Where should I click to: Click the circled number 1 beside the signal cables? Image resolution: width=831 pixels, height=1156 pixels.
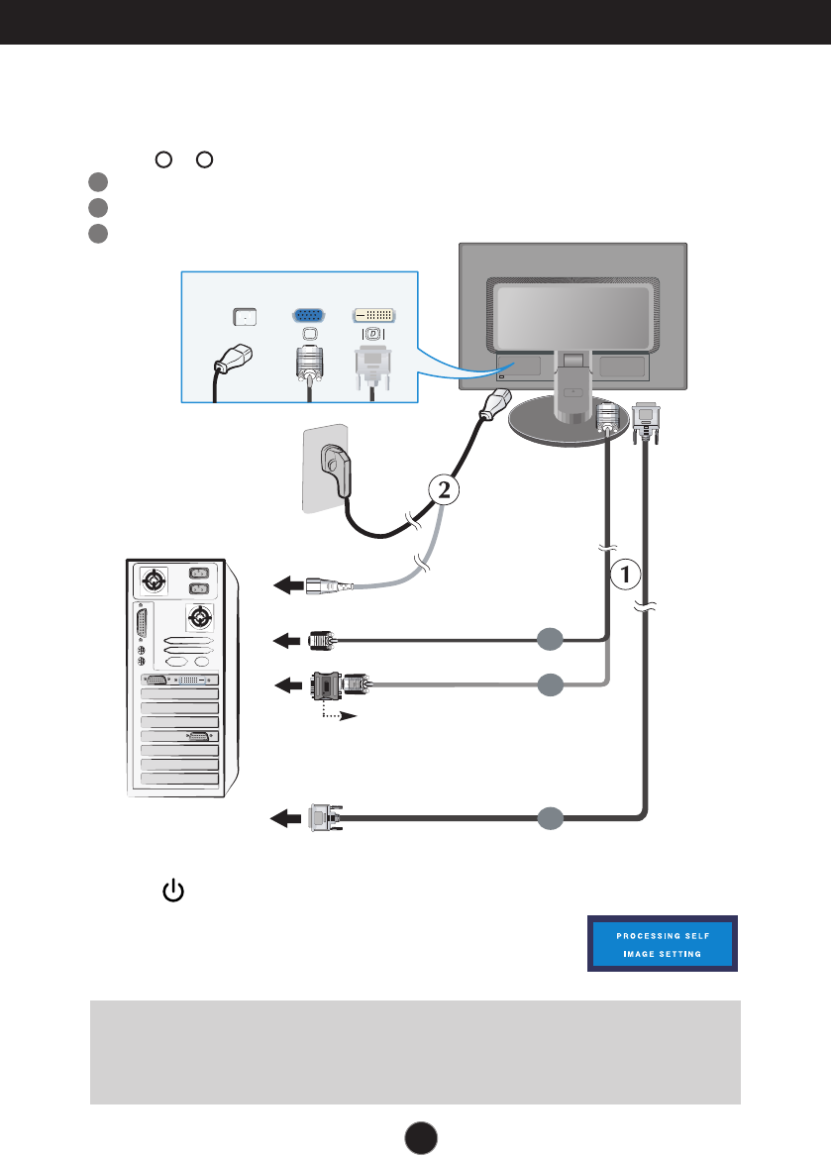tap(626, 572)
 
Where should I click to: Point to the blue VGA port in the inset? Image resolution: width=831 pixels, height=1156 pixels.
tap(312, 315)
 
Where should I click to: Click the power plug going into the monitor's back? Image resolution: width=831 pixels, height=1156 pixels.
tap(496, 407)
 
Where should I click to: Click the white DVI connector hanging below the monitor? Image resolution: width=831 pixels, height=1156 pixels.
tap(645, 420)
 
